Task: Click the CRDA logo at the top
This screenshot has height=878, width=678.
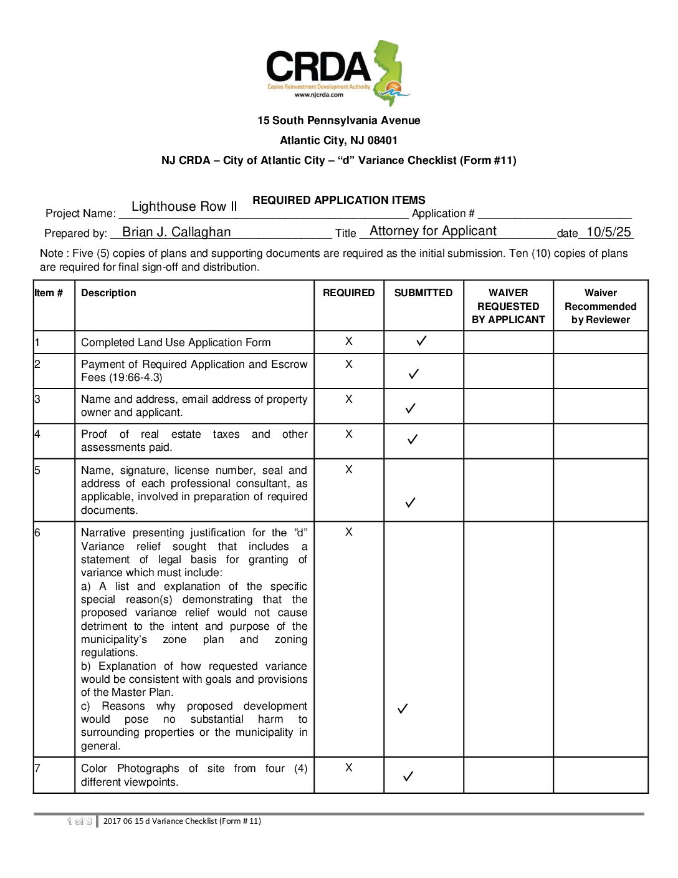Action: pos(338,72)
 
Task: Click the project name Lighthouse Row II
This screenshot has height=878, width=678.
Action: pos(184,206)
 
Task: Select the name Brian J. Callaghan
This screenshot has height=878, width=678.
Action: pos(176,232)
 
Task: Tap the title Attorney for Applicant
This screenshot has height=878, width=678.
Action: pos(433,231)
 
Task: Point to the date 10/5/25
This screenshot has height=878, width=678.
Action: pos(608,232)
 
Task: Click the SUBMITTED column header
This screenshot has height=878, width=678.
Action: pos(423,292)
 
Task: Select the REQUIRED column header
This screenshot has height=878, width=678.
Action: pos(348,292)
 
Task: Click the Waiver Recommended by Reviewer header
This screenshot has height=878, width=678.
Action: pos(600,306)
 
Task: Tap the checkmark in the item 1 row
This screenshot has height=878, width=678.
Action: pos(421,340)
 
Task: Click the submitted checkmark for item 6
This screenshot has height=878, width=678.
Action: pos(403,708)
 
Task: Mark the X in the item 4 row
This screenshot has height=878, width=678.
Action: pos(349,434)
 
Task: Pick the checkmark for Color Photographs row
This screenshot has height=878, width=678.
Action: pos(408,776)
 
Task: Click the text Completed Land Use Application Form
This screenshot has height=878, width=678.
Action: pos(176,342)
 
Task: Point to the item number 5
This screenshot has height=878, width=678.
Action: pos(37,470)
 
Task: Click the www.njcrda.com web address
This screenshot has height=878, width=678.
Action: pos(318,95)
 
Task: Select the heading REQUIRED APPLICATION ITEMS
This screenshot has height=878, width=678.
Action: pos(339,200)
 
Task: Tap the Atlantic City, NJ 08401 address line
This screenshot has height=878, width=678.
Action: pos(338,140)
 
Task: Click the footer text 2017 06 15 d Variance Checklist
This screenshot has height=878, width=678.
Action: pos(182,821)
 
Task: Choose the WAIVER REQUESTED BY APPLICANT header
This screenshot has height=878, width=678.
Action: pos(508,306)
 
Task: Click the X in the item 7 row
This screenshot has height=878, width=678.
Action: pos(349,768)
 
